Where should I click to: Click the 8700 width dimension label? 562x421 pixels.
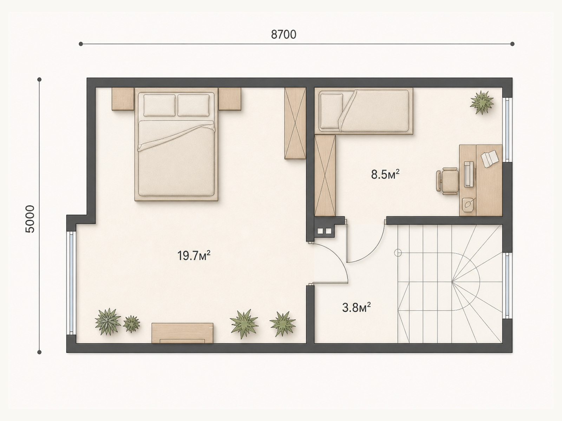click(284, 35)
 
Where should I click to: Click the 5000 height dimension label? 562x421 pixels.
click(30, 219)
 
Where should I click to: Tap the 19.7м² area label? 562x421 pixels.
click(194, 256)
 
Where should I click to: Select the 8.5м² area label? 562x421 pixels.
click(385, 175)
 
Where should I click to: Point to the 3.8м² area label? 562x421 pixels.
click(357, 308)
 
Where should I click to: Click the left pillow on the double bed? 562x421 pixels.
click(159, 105)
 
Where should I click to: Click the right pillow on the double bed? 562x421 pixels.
click(193, 105)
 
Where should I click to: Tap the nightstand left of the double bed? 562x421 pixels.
click(123, 99)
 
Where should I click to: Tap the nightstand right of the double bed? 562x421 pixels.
click(230, 99)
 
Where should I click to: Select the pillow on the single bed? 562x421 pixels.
click(331, 111)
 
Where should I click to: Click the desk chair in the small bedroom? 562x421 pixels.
click(447, 181)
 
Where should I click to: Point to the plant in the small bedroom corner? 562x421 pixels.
click(482, 102)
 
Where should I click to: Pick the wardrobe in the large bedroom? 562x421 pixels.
click(295, 123)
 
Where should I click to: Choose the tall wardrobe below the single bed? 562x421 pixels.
click(325, 176)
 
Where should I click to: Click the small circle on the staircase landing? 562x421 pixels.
click(398, 253)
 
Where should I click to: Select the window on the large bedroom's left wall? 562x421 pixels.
click(71, 283)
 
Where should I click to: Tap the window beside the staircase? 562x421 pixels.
click(507, 286)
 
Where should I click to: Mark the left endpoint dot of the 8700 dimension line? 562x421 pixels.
click(81, 44)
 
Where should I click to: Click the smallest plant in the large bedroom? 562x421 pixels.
click(131, 324)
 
